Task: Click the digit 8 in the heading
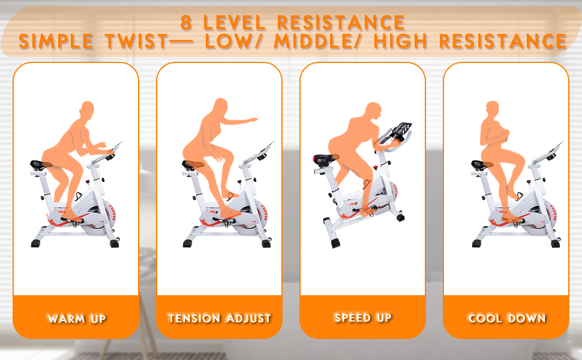(x=186, y=22)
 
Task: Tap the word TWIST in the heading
(x=137, y=41)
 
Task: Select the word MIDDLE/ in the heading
(x=317, y=41)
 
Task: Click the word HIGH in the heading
(x=400, y=41)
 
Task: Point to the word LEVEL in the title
(x=234, y=23)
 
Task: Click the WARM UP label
(x=77, y=319)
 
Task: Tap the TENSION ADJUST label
(x=220, y=319)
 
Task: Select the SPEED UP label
(x=363, y=318)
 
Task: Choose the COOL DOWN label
(x=507, y=319)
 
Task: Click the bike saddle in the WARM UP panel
(x=40, y=164)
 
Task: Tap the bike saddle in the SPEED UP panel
(x=325, y=159)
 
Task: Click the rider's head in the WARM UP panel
(x=87, y=109)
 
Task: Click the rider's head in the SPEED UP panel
(x=373, y=110)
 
